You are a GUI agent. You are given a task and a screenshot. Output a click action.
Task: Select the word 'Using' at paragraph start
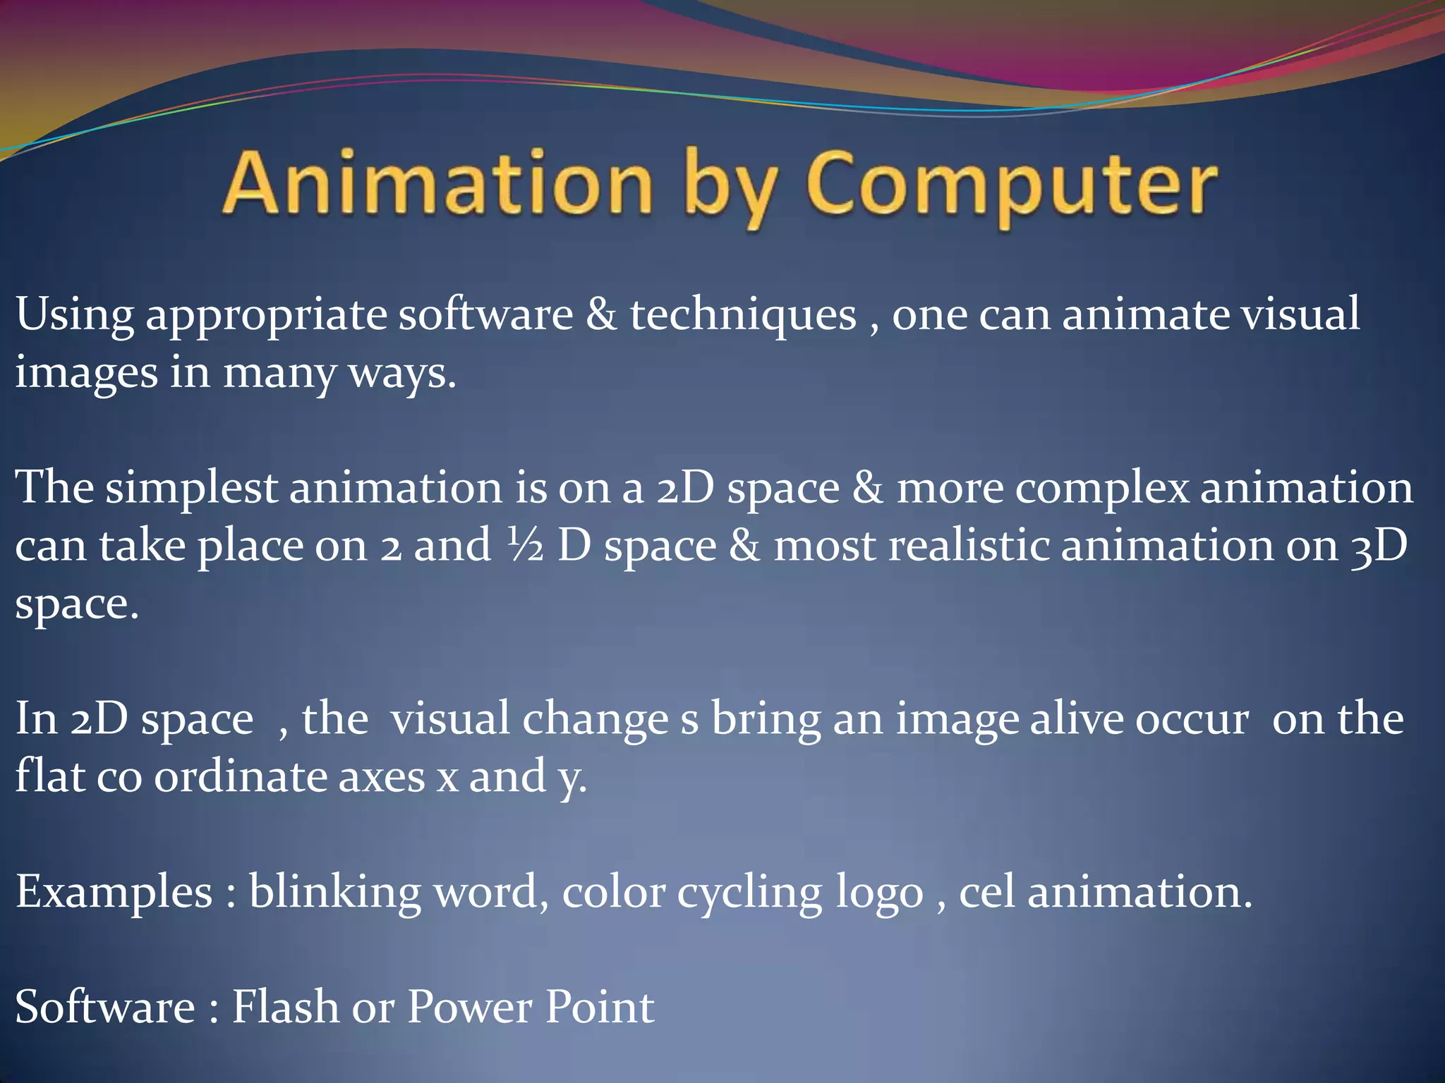pyautogui.click(x=75, y=315)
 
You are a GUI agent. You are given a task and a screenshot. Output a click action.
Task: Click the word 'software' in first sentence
pyautogui.click(x=485, y=314)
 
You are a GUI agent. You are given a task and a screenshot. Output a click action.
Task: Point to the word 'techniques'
pyautogui.click(x=743, y=315)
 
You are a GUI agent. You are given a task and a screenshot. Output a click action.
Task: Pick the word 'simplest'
pyautogui.click(x=191, y=489)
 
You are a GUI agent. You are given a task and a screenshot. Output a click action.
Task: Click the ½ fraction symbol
pyautogui.click(x=525, y=546)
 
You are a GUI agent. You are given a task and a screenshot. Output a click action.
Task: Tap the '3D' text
pyautogui.click(x=1379, y=546)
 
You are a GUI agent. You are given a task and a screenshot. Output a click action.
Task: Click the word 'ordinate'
pyautogui.click(x=241, y=777)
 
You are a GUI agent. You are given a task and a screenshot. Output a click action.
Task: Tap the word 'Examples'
pyautogui.click(x=114, y=893)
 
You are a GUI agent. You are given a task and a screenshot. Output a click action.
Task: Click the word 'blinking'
pyautogui.click(x=334, y=893)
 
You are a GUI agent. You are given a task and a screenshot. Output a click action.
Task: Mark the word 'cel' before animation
pyautogui.click(x=986, y=893)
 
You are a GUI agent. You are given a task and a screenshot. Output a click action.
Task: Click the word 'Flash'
pyautogui.click(x=285, y=1007)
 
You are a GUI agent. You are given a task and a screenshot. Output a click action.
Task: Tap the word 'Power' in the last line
pyautogui.click(x=470, y=1007)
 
